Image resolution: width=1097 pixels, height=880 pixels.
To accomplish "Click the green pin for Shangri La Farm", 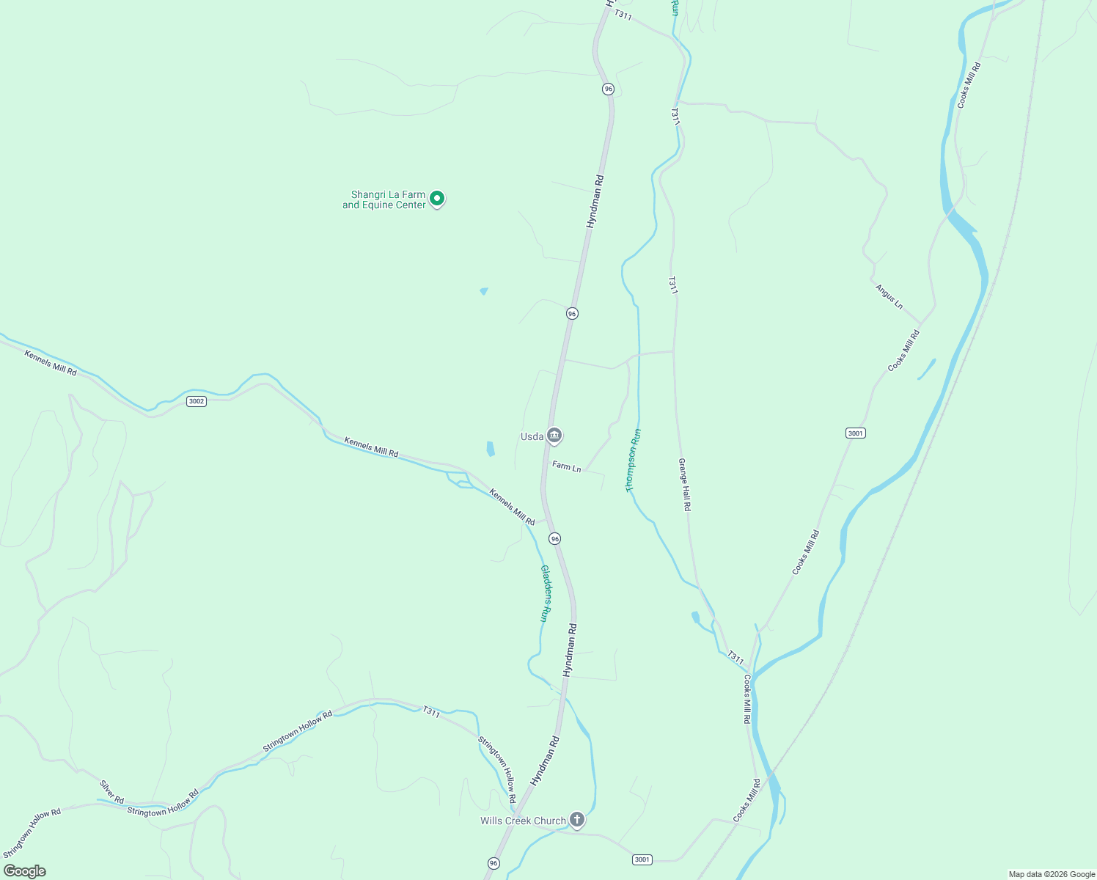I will click(x=437, y=199).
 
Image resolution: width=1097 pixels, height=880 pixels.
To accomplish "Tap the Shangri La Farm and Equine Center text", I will click(x=384, y=200).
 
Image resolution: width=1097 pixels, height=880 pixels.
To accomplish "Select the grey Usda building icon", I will click(x=554, y=436).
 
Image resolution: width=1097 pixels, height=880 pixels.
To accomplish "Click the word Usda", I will click(x=532, y=437).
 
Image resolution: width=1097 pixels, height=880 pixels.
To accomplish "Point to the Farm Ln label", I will click(x=566, y=466).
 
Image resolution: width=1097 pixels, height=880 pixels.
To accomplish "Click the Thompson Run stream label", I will click(x=633, y=460).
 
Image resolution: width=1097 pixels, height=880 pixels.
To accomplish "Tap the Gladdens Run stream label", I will click(x=545, y=593).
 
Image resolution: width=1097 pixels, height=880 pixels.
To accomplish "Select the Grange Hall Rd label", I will click(x=684, y=485).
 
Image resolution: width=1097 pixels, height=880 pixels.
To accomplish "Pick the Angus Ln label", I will click(x=889, y=296).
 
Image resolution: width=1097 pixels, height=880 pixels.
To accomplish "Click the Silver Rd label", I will click(x=112, y=792).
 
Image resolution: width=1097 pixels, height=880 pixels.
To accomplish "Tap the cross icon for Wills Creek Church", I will click(x=577, y=820).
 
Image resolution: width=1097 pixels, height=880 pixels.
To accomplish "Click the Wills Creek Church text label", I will click(x=523, y=821).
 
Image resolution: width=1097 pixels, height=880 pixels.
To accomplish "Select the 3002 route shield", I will click(x=196, y=401).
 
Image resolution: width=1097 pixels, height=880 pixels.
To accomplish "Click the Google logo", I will click(x=25, y=871).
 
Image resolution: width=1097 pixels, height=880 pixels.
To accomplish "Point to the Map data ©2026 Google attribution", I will click(x=1051, y=874).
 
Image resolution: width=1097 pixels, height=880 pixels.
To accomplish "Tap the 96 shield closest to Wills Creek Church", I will click(x=494, y=863).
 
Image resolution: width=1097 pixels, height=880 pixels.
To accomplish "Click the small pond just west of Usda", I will click(x=491, y=449).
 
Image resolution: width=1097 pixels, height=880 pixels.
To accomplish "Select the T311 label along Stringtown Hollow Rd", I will click(x=431, y=711).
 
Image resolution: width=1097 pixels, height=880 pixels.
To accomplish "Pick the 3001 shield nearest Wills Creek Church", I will click(x=642, y=859).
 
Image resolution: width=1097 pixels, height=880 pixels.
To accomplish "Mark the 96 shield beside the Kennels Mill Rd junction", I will click(x=554, y=539).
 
